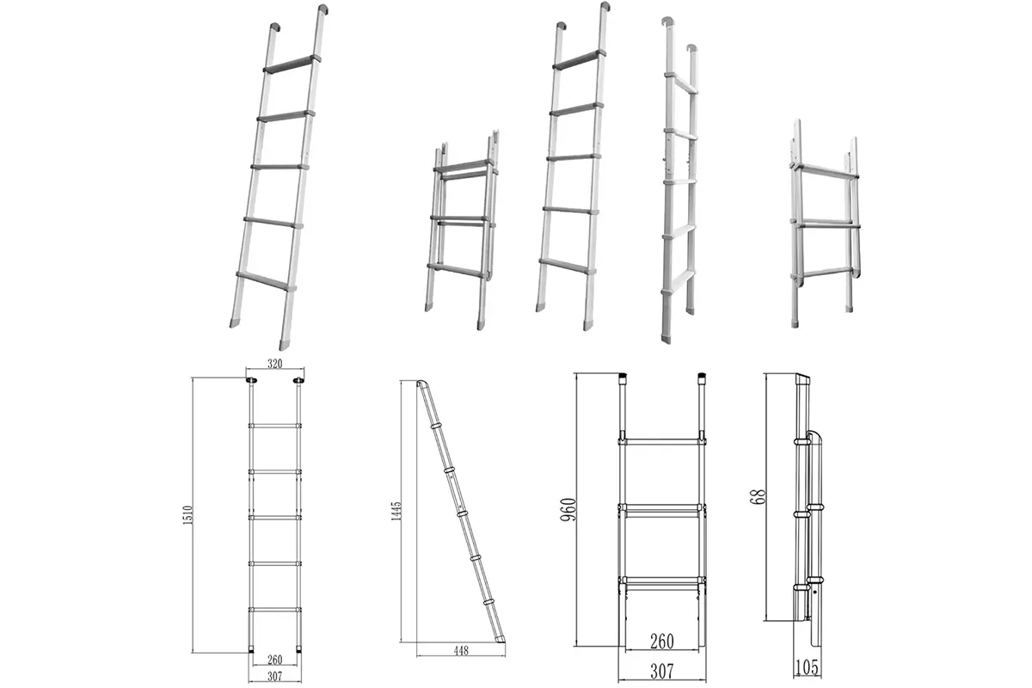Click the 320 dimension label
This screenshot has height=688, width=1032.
tap(274, 364)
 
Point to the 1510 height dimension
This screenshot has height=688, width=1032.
tap(187, 515)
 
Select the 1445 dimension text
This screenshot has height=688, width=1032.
tap(396, 511)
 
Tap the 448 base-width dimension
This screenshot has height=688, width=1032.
tap(461, 650)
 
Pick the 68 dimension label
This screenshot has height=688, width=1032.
tap(759, 496)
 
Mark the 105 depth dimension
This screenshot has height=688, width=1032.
tap(807, 667)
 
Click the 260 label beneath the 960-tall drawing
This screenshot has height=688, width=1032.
tap(661, 641)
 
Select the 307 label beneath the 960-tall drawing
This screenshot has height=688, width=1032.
tap(661, 672)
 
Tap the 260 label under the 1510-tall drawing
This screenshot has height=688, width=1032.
tap(274, 660)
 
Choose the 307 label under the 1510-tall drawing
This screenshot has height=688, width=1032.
tap(274, 676)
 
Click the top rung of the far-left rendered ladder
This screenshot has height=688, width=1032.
tap(292, 64)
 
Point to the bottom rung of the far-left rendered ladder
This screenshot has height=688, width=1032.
tap(266, 280)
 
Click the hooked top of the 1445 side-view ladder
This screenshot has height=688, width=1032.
tap(421, 384)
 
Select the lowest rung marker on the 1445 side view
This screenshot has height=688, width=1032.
tap(488, 602)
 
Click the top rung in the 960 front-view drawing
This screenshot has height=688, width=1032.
tap(661, 441)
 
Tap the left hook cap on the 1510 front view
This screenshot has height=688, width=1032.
tap(251, 380)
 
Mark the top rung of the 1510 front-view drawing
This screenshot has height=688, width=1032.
tap(274, 426)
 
